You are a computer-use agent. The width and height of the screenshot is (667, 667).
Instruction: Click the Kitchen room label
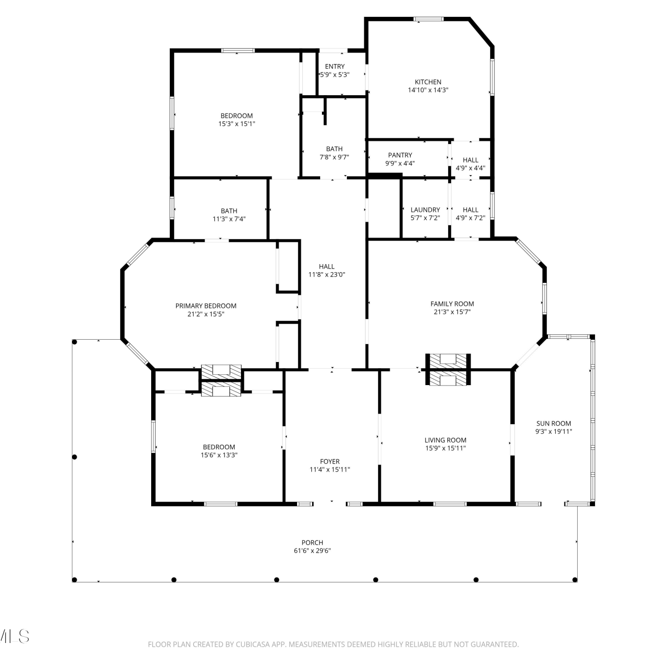(x=428, y=82)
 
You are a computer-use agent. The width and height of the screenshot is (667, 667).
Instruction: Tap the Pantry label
(x=400, y=155)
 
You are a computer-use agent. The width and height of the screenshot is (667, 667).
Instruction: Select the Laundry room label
(x=425, y=210)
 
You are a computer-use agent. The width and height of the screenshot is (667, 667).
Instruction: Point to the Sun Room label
(x=554, y=424)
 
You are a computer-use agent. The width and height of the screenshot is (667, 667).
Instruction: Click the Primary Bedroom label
(x=206, y=306)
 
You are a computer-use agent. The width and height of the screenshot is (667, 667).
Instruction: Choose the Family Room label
(x=452, y=304)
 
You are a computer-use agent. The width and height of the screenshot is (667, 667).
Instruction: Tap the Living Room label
(x=446, y=440)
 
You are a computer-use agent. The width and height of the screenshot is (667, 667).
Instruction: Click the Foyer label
(x=330, y=462)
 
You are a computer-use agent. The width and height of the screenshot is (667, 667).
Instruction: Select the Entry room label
(x=335, y=67)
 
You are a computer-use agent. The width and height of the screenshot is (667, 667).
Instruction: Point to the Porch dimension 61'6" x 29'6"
(x=312, y=550)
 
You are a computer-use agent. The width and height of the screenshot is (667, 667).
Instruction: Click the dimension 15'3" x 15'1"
(x=237, y=124)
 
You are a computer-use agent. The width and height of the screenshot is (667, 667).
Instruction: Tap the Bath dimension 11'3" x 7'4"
(x=229, y=219)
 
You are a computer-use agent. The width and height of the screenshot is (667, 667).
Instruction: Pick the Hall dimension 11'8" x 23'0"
(x=327, y=275)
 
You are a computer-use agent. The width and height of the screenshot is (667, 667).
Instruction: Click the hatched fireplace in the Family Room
(x=448, y=369)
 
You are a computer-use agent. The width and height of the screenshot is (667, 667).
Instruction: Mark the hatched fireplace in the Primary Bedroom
(x=221, y=372)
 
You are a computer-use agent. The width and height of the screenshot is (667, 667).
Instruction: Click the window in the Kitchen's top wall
(x=429, y=19)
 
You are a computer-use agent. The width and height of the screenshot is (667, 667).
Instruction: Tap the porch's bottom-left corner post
(x=75, y=579)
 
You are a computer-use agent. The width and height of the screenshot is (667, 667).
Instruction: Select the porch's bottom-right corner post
(x=575, y=579)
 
